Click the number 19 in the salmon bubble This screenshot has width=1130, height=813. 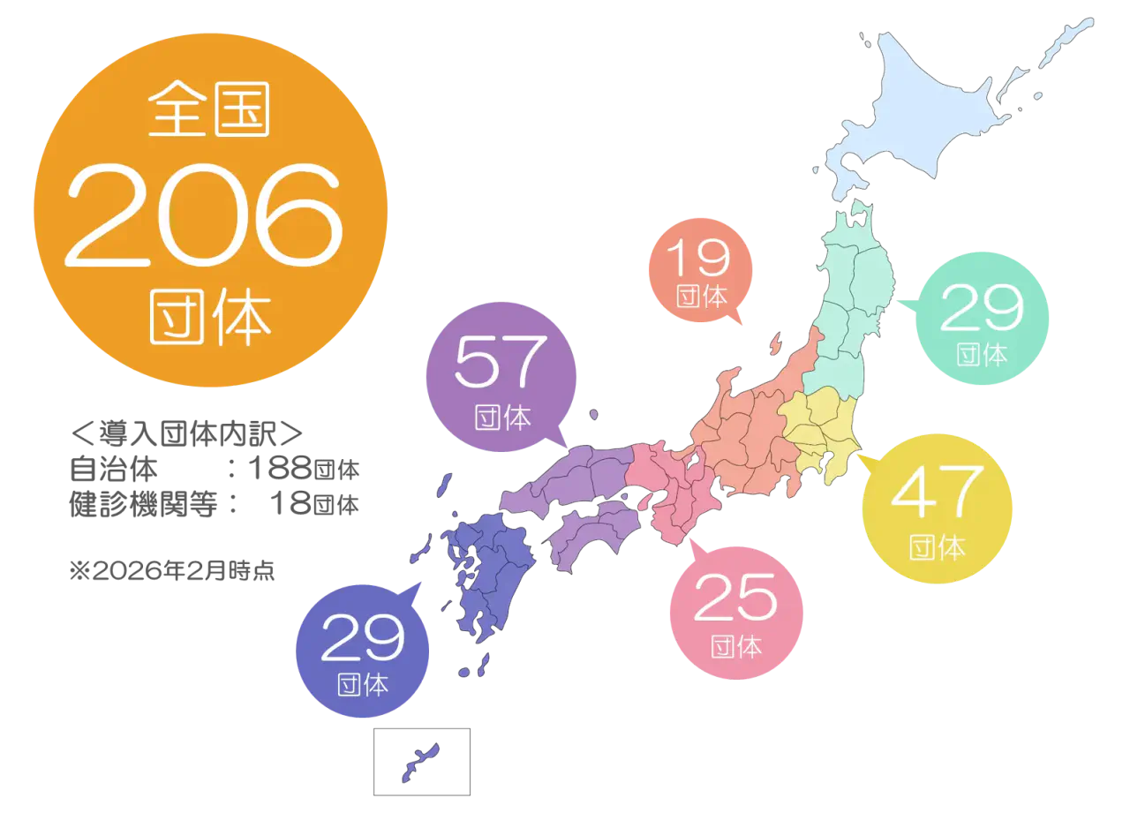(x=697, y=258)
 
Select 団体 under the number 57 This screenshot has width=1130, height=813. (x=501, y=418)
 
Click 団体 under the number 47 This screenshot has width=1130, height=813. (x=937, y=547)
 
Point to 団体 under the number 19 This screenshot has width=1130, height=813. (x=700, y=297)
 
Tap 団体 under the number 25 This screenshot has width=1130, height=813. (x=735, y=647)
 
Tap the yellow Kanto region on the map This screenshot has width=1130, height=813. (x=817, y=433)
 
